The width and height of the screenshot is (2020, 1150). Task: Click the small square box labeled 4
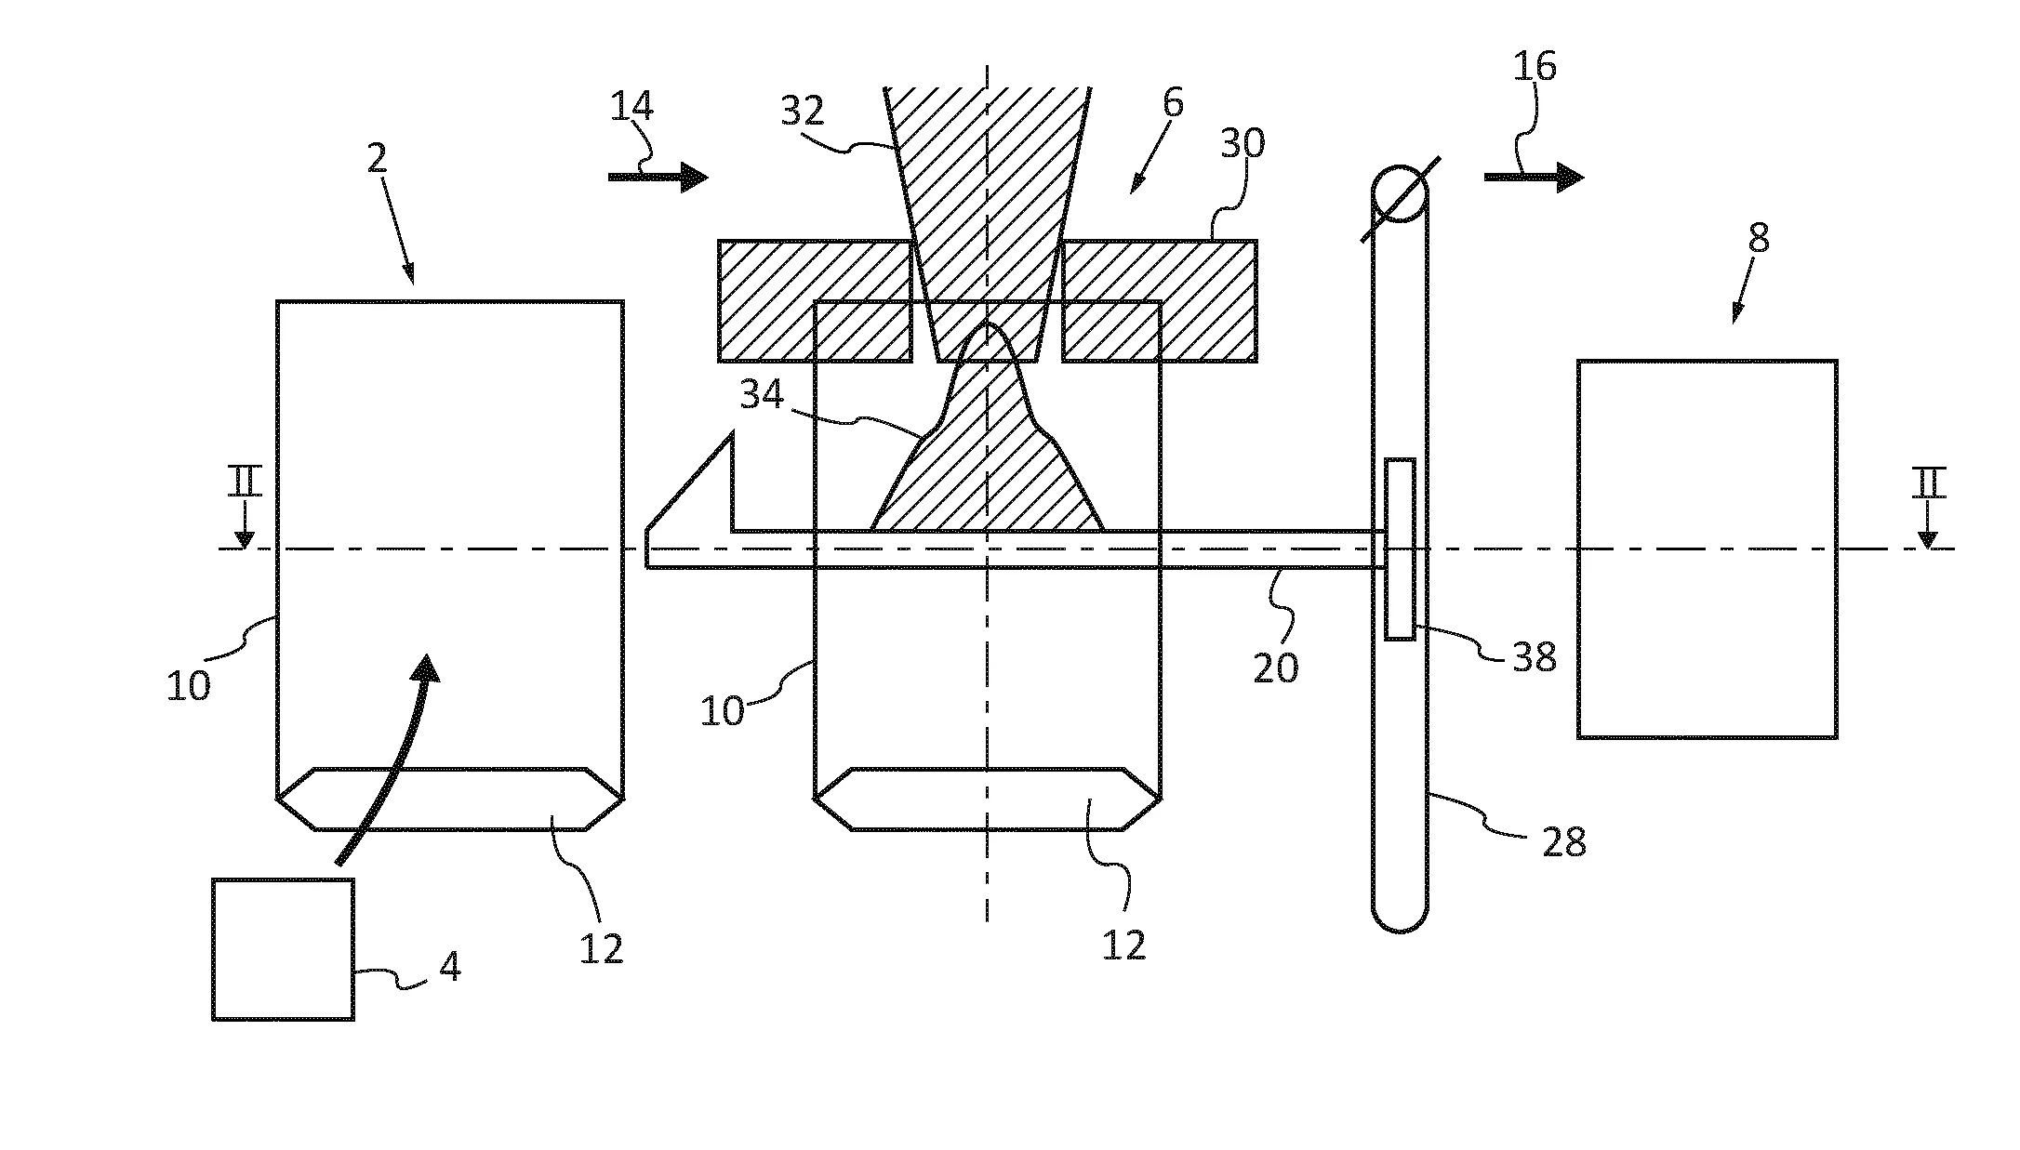tap(283, 948)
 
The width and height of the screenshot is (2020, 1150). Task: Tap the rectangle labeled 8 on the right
tap(1707, 549)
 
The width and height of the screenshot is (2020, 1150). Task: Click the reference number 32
tap(802, 112)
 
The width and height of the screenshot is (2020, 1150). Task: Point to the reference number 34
tap(762, 396)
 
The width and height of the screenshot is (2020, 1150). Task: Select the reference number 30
tap(1243, 144)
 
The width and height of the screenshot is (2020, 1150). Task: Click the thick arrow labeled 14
tap(657, 176)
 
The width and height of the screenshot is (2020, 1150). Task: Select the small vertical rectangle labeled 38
tap(1400, 549)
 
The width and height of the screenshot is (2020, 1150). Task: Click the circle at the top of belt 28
tap(1400, 194)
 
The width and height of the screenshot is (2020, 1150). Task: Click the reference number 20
tap(1275, 668)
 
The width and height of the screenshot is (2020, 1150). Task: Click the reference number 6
tap(1173, 103)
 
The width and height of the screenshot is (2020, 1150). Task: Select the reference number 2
tap(377, 159)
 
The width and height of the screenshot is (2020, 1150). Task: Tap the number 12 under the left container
tap(601, 948)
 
